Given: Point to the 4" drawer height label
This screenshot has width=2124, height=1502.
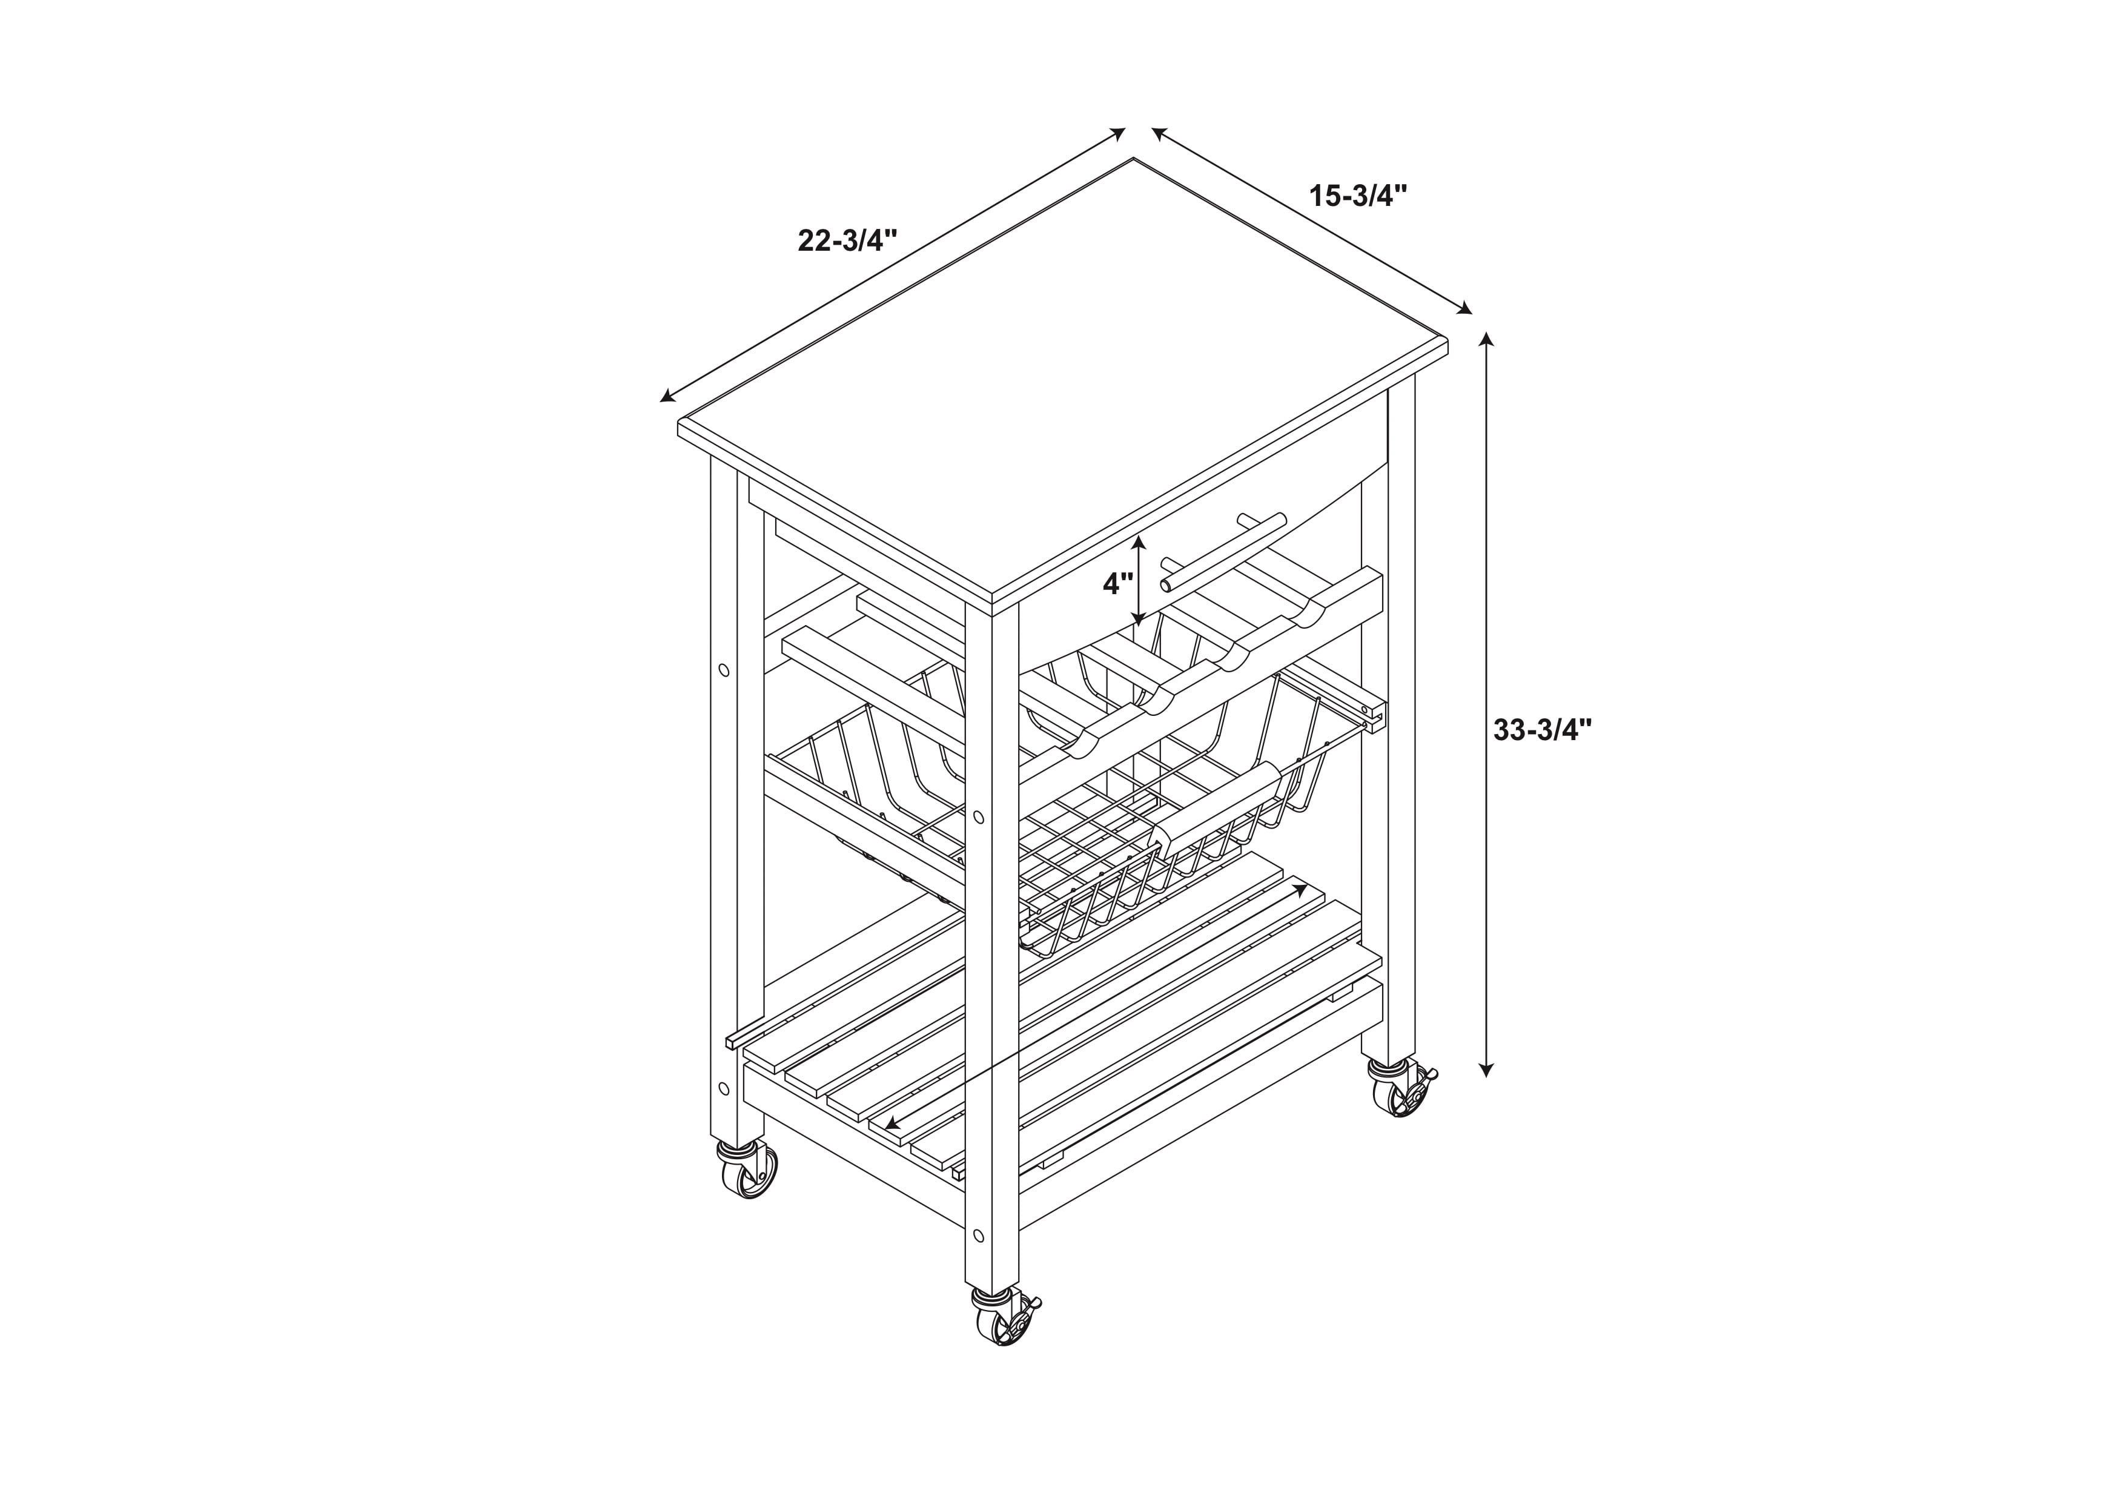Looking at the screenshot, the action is [1117, 584].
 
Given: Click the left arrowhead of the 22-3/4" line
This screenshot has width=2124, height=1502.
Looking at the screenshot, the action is [667, 397].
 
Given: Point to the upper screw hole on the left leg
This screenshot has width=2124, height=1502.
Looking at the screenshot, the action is [723, 670].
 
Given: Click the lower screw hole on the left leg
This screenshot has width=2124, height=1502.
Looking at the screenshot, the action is [723, 1087].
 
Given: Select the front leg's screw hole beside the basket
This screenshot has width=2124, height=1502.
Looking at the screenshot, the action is [979, 818].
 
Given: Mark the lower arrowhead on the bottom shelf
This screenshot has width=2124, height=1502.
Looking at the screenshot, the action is [892, 1123].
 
